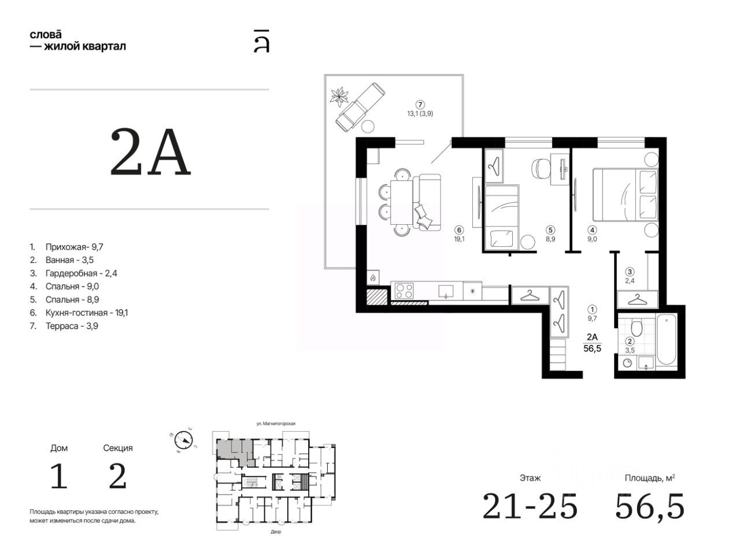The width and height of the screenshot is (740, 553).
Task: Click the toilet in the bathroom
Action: click(x=637, y=327)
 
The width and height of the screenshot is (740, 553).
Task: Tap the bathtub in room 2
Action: click(x=666, y=339)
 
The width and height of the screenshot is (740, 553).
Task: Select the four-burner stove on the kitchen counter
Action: click(x=404, y=291)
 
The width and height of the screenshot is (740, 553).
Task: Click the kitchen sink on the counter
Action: click(x=446, y=291)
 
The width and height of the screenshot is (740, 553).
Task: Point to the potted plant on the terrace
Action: click(x=339, y=97)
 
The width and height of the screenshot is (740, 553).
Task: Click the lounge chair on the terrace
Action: click(x=360, y=107)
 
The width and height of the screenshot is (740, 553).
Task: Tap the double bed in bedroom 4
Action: click(x=625, y=195)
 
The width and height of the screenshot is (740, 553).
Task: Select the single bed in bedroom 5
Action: click(x=501, y=217)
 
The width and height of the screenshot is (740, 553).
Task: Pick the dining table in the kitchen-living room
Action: click(x=402, y=202)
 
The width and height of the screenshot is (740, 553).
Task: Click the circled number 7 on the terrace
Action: click(x=420, y=105)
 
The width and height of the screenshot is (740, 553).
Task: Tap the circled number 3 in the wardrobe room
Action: click(x=630, y=272)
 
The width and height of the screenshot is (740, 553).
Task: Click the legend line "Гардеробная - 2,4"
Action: click(x=73, y=273)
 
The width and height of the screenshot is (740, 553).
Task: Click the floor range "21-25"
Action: click(x=530, y=507)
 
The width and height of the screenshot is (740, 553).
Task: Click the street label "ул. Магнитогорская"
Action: click(x=276, y=424)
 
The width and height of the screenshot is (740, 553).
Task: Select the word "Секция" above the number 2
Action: click(x=118, y=448)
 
